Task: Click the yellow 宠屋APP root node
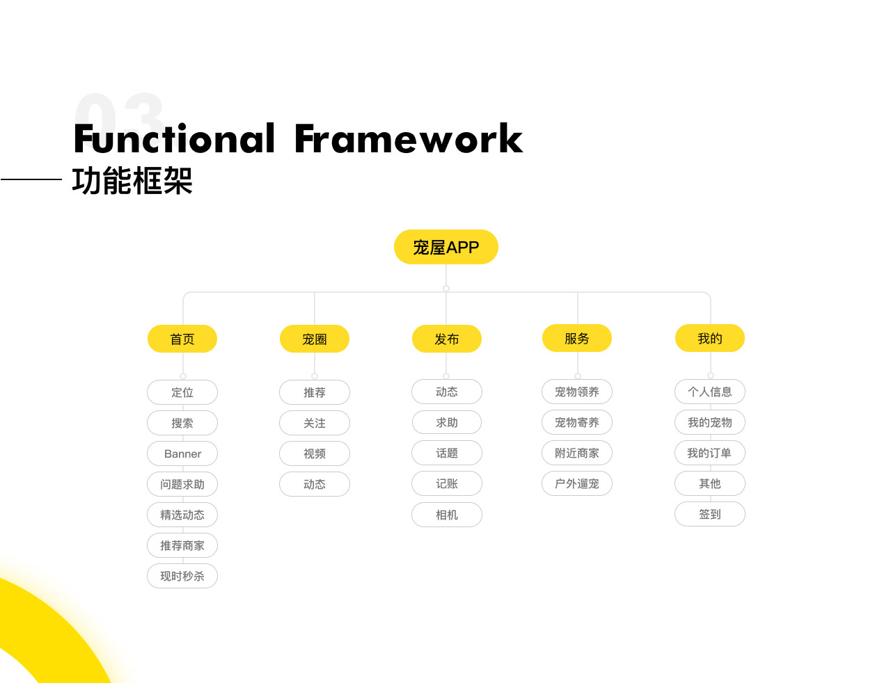445,247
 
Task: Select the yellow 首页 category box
182,339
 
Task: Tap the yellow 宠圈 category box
315,339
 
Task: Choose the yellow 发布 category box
446,339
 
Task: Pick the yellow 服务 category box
577,339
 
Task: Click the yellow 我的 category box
710,339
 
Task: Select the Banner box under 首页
182,453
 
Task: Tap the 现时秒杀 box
182,576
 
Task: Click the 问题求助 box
182,484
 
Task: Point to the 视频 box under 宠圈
315,453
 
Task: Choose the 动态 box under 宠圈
315,484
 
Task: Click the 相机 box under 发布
447,515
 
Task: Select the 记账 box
447,483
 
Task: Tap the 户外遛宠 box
577,483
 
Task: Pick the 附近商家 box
577,453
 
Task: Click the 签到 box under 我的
710,514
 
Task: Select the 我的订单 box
710,453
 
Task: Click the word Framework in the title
409,138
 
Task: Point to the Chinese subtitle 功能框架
132,180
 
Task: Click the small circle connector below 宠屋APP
446,289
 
